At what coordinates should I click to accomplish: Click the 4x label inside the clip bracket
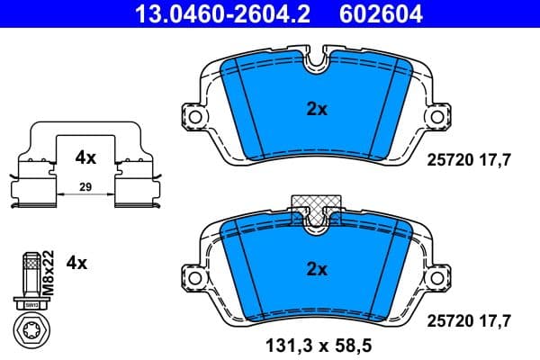(x=85, y=157)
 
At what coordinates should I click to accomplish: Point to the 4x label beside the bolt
(x=77, y=263)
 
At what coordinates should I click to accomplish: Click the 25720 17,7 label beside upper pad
(x=468, y=159)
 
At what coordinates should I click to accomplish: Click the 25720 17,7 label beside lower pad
(x=468, y=319)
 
